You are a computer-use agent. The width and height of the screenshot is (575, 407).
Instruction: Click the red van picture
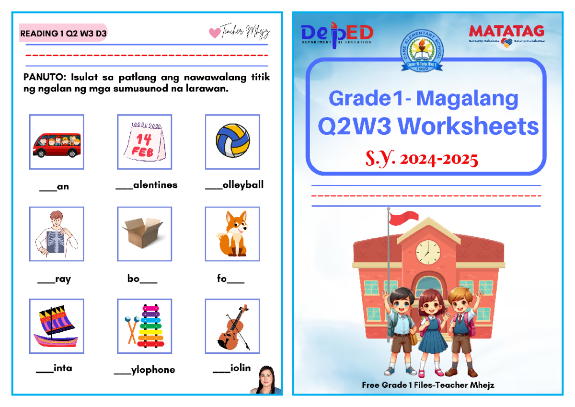(57, 142)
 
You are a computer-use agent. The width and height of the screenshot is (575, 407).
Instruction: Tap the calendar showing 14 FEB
(144, 142)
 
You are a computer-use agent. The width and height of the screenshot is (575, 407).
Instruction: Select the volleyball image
(232, 140)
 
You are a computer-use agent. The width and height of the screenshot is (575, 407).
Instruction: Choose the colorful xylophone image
(144, 326)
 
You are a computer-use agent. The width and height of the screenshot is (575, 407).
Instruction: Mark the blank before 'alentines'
(124, 187)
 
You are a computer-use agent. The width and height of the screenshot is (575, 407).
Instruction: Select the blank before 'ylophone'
(122, 372)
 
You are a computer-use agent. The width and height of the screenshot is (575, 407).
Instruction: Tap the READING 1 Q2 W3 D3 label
(63, 34)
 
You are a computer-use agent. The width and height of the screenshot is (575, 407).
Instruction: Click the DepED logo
(337, 34)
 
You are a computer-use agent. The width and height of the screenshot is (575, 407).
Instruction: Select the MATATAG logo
(506, 34)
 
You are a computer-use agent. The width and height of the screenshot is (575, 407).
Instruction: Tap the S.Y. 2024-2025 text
(422, 159)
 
